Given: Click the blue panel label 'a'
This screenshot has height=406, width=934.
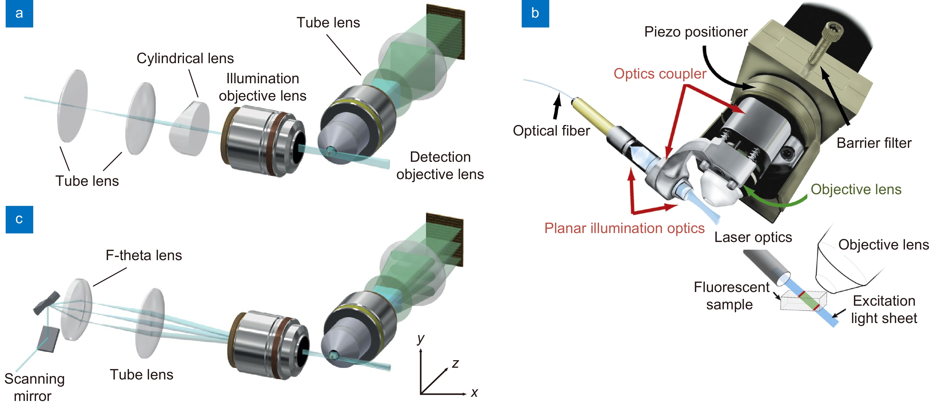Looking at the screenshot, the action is click(19, 14).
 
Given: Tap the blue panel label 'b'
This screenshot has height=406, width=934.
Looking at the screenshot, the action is click(535, 14).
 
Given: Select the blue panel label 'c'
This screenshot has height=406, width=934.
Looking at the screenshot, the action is click(19, 220).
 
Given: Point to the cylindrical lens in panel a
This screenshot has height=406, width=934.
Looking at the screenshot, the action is click(190, 129).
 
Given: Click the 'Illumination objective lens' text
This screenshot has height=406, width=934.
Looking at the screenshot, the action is click(262, 87).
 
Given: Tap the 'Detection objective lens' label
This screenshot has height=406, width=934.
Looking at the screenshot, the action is click(440, 165).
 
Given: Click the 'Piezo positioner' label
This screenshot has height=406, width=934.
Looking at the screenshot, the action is click(696, 32).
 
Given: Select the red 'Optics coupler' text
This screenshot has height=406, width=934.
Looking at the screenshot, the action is click(660, 74).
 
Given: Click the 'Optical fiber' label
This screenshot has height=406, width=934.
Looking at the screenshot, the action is click(551, 130).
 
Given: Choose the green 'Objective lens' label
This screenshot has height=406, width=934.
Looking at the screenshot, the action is click(856, 189).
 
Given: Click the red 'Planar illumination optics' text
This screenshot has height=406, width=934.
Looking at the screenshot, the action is click(624, 228).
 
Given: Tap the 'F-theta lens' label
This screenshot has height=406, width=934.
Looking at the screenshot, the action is click(143, 255).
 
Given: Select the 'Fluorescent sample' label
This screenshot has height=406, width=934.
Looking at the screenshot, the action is click(731, 296).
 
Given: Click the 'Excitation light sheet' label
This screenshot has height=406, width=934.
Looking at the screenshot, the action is click(884, 310).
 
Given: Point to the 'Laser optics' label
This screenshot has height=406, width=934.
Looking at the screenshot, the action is click(753, 237).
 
